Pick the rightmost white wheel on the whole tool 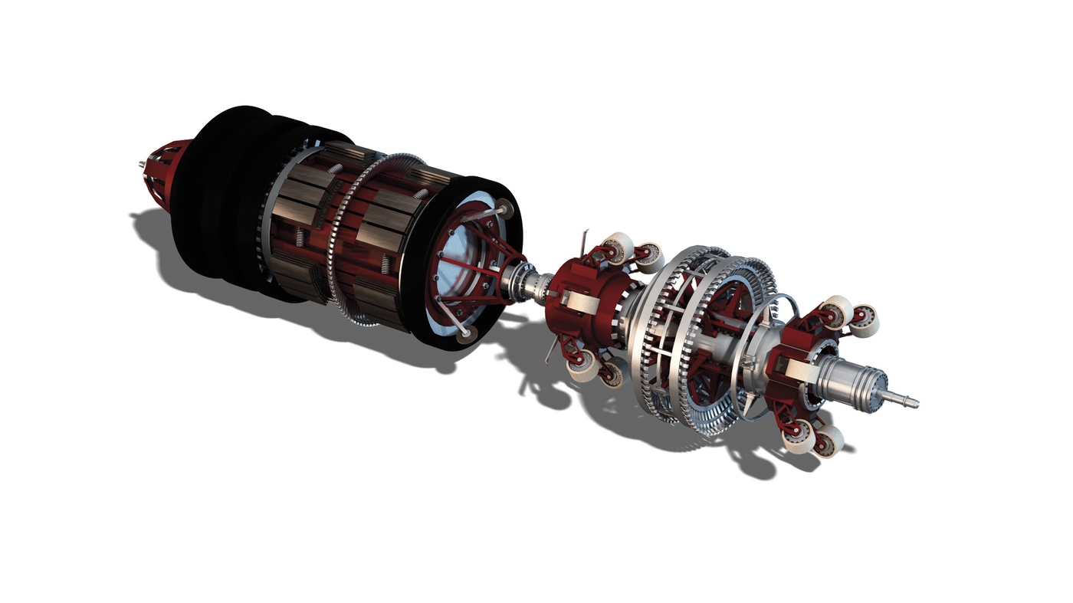(865, 321)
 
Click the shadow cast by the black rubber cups (199, 276)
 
